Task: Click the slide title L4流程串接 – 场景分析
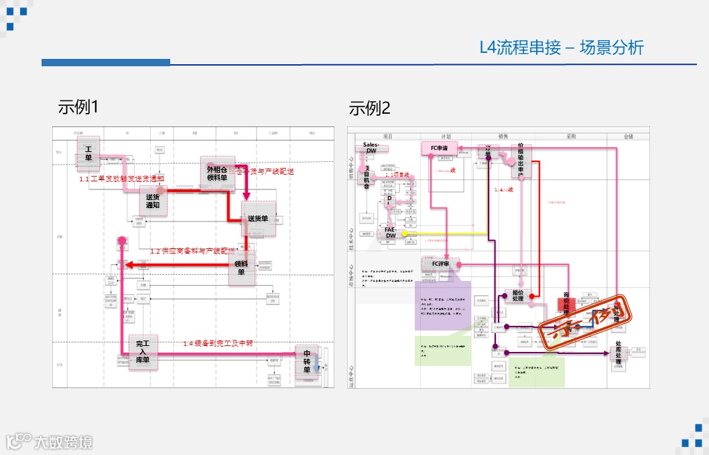[x=562, y=48]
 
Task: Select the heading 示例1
[x=78, y=107]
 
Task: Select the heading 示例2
[x=369, y=108]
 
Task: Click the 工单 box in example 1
[x=88, y=153]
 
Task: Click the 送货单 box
[x=258, y=219]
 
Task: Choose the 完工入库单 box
[x=143, y=352]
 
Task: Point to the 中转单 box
[x=307, y=361]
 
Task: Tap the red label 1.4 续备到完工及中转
[x=218, y=343]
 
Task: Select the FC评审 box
[x=440, y=264]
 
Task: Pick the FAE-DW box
[x=390, y=232]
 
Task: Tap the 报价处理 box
[x=517, y=295]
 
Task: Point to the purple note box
[x=442, y=304]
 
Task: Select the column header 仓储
[x=628, y=136]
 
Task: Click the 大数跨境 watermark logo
[x=50, y=442]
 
